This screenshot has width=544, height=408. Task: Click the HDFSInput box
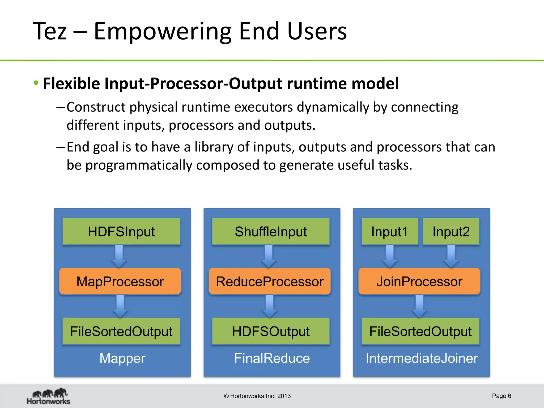(121, 231)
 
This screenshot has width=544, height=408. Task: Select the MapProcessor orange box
(120, 281)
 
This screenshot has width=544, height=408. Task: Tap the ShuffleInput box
(271, 231)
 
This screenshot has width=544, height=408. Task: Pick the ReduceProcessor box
(270, 281)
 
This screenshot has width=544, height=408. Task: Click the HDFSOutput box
(271, 331)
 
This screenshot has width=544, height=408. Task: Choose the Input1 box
(389, 231)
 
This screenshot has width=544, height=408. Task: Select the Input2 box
(451, 231)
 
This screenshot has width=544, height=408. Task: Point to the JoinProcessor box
(419, 281)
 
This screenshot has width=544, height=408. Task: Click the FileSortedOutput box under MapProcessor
(121, 331)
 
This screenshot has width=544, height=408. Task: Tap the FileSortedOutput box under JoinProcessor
(420, 331)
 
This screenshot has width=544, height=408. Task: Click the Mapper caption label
(122, 358)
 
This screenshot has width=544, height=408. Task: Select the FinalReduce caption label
(272, 358)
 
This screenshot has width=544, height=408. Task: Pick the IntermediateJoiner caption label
(422, 358)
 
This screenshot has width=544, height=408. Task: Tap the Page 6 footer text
(501, 396)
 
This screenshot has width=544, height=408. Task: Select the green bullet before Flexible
(36, 83)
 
